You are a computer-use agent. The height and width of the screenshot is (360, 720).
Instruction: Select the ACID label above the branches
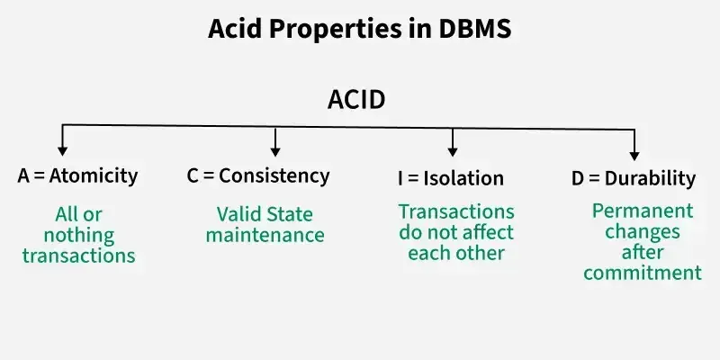(x=356, y=100)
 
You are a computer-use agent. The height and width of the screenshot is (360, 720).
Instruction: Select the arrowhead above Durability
(x=634, y=155)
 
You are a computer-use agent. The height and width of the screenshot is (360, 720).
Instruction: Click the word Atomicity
(x=94, y=176)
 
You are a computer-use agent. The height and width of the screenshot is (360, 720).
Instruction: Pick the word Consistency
(x=274, y=176)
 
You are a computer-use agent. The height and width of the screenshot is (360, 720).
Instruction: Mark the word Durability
(x=650, y=178)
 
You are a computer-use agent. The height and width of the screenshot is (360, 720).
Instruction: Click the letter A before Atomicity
(x=24, y=176)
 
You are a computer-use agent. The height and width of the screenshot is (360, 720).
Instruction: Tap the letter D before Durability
(x=578, y=178)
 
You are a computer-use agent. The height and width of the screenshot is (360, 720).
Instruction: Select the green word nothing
(x=79, y=236)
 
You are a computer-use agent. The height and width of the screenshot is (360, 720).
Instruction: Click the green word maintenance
(x=265, y=236)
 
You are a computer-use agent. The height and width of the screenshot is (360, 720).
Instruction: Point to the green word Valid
(x=237, y=215)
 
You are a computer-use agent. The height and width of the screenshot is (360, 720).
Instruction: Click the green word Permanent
(x=643, y=211)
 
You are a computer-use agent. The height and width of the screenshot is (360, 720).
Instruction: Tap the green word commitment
(x=642, y=273)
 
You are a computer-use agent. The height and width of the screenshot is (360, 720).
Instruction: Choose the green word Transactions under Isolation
(x=456, y=211)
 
